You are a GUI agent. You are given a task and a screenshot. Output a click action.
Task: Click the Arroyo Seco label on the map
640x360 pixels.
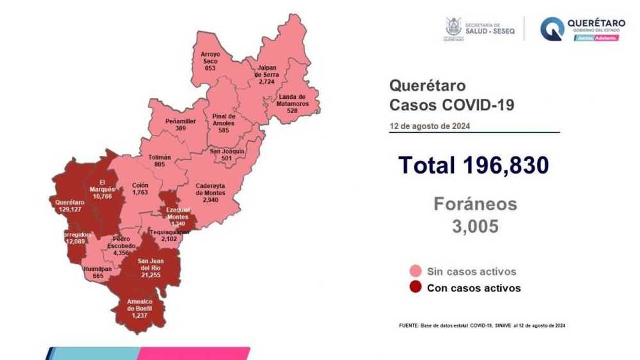pos(210,57)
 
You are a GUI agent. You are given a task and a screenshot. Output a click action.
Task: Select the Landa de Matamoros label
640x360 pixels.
pos(292,100)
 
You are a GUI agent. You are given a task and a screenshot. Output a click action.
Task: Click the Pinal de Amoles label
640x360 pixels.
pos(224,120)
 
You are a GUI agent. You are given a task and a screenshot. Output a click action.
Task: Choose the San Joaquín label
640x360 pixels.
pos(227,152)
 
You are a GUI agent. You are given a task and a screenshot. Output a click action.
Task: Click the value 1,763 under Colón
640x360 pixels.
pos(140,192)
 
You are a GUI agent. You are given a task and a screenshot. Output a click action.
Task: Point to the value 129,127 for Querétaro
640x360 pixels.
pos(70,209)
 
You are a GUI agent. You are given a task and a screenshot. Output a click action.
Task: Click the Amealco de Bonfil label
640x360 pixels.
pos(139,305)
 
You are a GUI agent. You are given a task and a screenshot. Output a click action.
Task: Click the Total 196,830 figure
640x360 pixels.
pos(473,165)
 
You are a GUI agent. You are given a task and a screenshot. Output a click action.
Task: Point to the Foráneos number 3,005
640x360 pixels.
pos(475,226)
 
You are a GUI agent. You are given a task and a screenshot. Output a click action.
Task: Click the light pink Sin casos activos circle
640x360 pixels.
pos(416,272)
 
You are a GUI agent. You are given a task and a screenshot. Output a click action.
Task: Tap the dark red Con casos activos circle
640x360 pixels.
pos(416,287)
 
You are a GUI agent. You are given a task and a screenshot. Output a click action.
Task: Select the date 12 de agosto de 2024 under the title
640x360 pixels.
pos(429,126)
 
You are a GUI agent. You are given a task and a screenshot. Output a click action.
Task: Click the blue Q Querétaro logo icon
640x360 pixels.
pos(552,29)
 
